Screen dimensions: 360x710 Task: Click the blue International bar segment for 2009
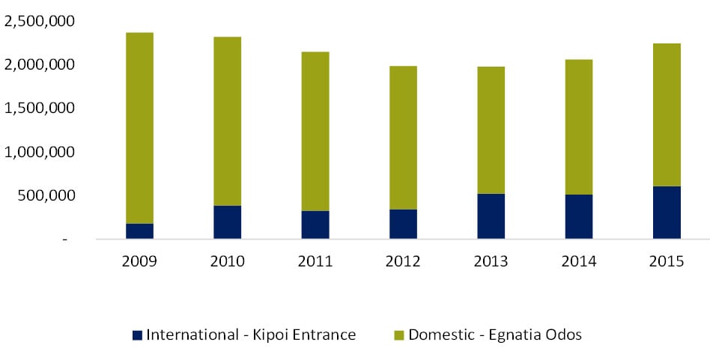[139, 231]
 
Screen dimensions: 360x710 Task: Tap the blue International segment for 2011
[315, 225]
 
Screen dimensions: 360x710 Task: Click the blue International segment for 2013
[491, 216]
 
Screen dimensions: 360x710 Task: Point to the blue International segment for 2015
[667, 212]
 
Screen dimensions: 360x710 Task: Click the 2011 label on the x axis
[315, 263]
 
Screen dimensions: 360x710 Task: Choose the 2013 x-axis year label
[491, 263]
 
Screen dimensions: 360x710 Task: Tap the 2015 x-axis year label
[667, 263]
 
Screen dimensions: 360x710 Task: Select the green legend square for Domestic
[398, 335]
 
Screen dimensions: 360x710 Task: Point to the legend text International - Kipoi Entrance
[251, 335]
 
